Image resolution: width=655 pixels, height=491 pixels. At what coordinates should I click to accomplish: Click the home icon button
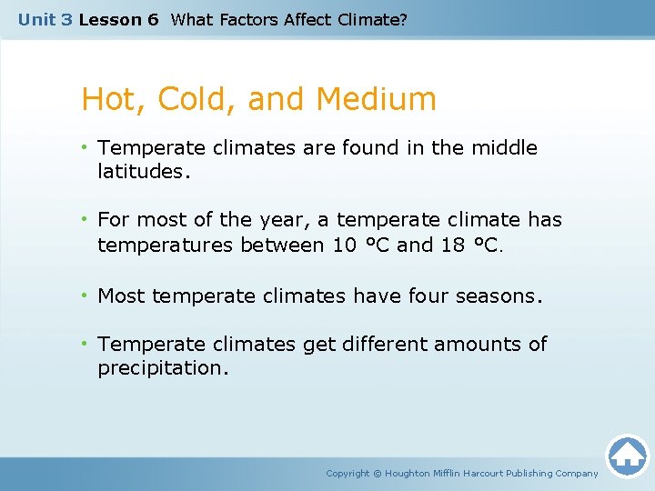coord(627,456)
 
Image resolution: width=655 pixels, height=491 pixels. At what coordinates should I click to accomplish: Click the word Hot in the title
coord(106,99)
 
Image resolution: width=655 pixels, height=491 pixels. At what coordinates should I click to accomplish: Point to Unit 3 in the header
coord(45,19)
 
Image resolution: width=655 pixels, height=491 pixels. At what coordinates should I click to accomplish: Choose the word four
coord(438,296)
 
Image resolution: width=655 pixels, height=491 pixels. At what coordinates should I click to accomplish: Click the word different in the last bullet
coord(370,344)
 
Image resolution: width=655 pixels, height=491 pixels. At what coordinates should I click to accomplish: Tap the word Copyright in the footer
coord(348,473)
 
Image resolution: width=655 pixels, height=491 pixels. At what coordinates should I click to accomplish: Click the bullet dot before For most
coord(86,220)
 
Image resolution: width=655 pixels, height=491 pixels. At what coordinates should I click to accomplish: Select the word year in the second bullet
coord(261,221)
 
